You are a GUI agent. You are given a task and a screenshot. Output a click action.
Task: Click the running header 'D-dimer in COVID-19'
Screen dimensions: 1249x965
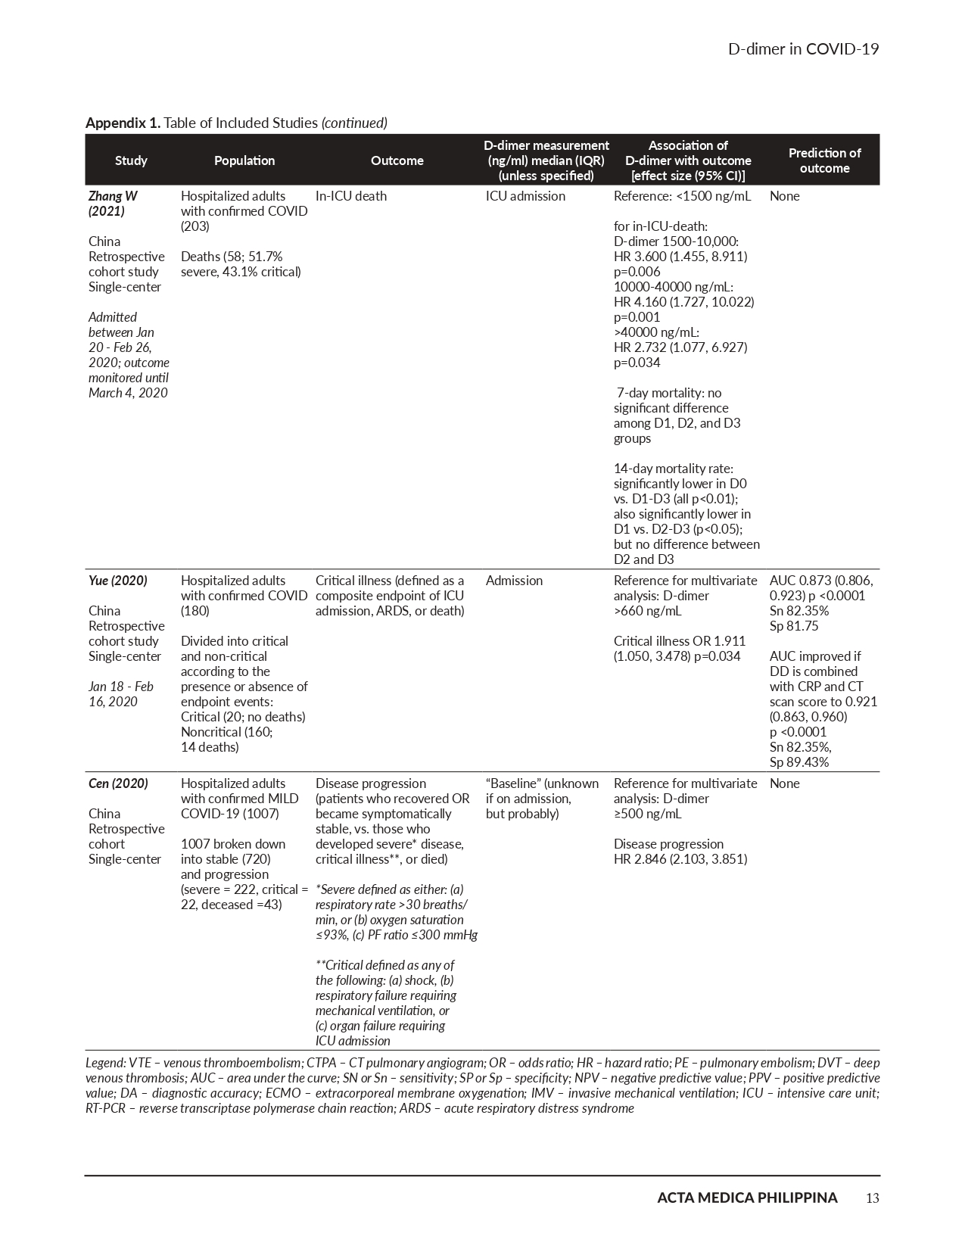coord(803,49)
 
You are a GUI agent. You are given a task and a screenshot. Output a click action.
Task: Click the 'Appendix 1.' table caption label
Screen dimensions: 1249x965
coord(123,123)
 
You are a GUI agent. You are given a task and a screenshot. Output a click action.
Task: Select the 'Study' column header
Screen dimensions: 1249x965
coord(131,160)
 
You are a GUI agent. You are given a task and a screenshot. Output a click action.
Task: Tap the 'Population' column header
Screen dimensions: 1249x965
coord(244,160)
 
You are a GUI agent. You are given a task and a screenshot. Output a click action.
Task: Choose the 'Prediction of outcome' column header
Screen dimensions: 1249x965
coord(824,160)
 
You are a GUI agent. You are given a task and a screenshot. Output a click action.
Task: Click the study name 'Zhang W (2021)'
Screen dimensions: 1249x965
coord(113,204)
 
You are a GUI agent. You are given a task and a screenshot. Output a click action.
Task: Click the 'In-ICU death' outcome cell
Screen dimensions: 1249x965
coord(350,196)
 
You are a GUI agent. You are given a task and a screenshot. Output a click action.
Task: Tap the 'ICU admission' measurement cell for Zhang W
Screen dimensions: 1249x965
coord(525,196)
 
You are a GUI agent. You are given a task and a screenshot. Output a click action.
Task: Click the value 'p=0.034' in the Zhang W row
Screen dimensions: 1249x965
coord(637,363)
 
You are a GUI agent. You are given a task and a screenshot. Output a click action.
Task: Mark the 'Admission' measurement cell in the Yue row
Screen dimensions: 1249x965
coord(514,581)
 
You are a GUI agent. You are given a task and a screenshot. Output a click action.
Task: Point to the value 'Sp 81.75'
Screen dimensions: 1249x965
coord(794,626)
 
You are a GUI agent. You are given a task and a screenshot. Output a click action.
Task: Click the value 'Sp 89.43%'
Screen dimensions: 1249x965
coord(799,762)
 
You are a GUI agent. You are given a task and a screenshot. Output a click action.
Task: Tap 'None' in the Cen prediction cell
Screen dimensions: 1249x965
coord(784,783)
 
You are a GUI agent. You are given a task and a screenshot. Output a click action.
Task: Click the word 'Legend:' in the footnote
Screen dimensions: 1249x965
coord(105,1063)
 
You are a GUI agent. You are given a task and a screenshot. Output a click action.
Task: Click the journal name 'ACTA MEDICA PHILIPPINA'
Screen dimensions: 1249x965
coord(747,1198)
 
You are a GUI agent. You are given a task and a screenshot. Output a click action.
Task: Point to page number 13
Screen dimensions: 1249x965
coord(872,1198)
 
